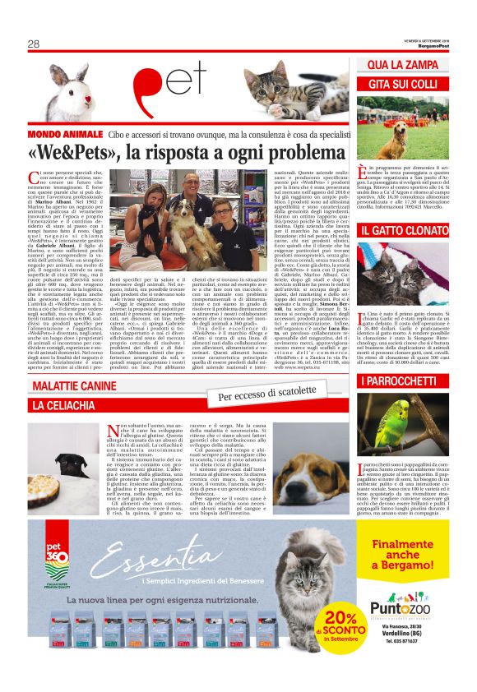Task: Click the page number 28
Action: [34, 44]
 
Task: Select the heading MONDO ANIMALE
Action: [65, 134]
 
